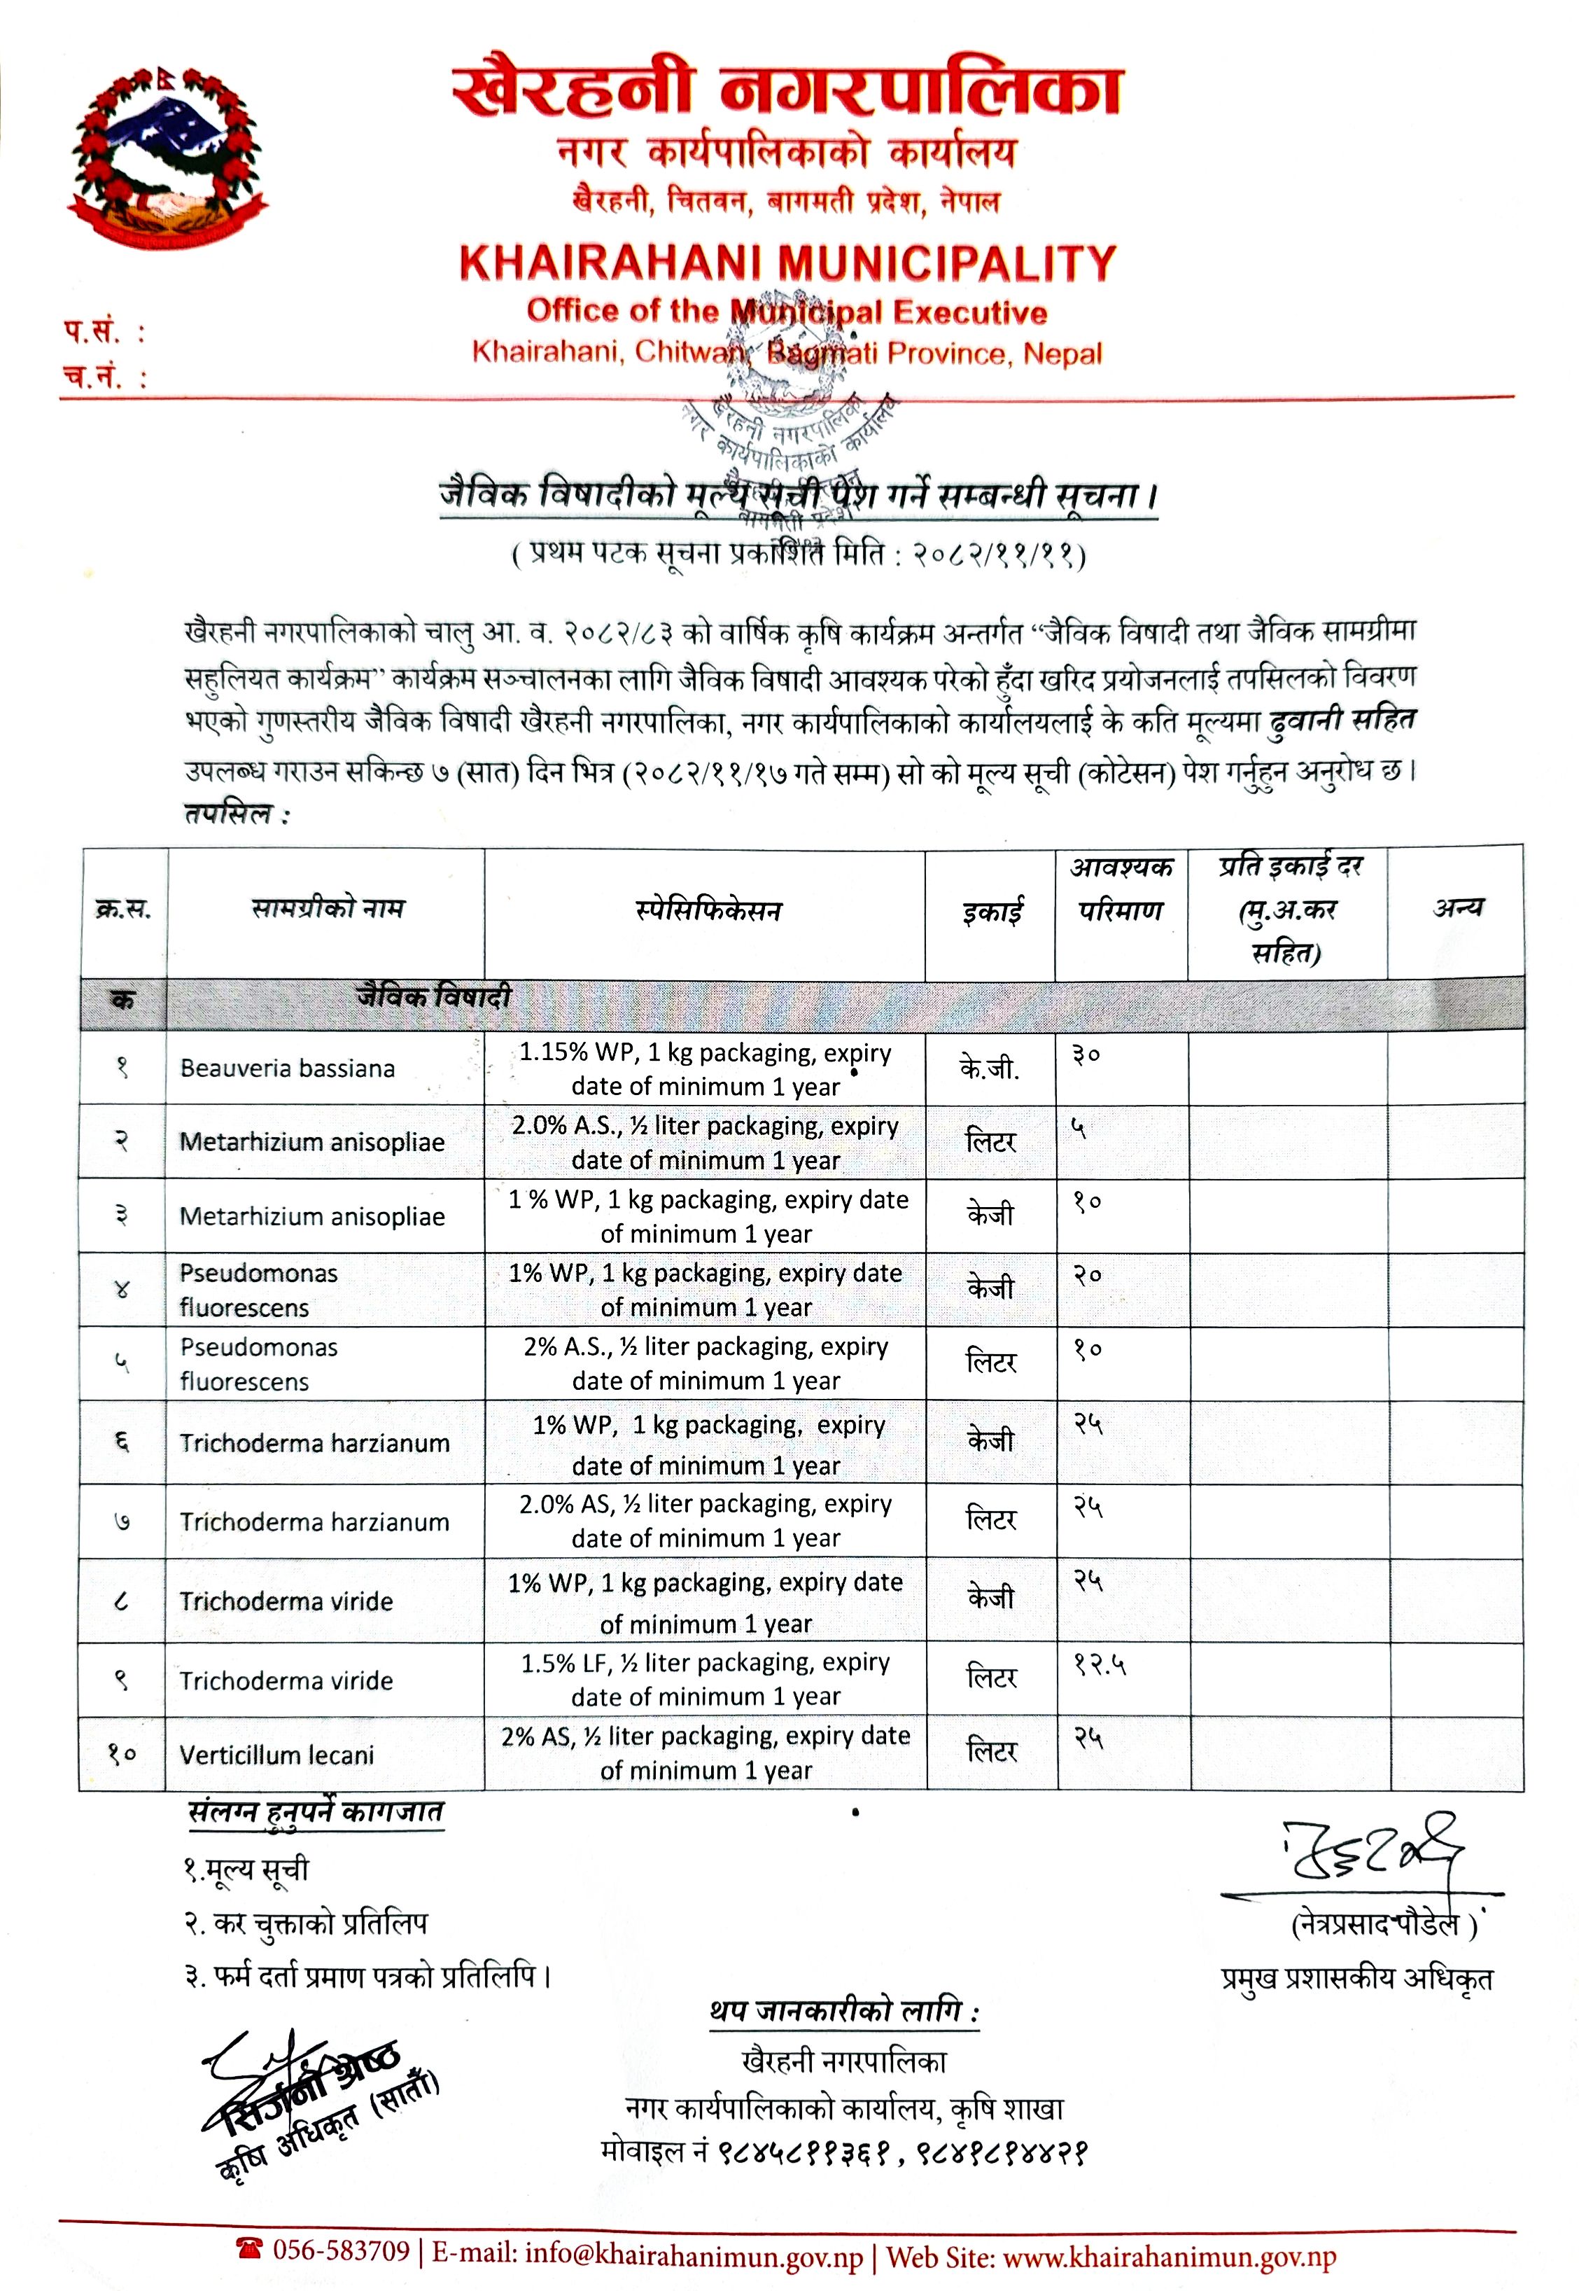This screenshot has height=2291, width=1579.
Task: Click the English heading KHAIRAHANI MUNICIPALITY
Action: pos(787,263)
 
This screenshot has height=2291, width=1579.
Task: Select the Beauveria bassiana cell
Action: pos(287,1068)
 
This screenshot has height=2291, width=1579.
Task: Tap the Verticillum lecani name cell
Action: pos(277,1755)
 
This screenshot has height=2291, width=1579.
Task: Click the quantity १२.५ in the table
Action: pos(1100,1666)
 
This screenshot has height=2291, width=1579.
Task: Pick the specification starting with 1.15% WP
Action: pos(706,1068)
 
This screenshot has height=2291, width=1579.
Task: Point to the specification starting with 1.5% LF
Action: pos(706,1680)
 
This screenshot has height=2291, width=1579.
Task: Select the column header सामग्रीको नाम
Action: pos(328,907)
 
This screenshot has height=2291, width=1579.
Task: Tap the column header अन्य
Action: pos(1457,907)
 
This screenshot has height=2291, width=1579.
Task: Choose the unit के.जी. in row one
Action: pos(990,1068)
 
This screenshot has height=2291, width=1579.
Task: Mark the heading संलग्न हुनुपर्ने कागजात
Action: pos(316,1812)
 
